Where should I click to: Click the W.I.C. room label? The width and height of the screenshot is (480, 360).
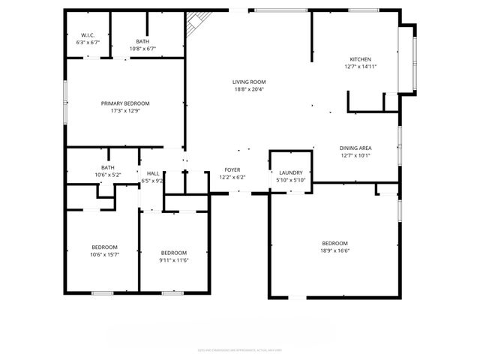coord(87,35)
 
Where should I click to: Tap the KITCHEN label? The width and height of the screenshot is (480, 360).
coord(360,59)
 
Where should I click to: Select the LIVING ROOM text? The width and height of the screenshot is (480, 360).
coord(249,82)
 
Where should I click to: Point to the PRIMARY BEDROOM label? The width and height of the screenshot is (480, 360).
coord(125,103)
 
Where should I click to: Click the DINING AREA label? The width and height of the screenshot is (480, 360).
coord(355,148)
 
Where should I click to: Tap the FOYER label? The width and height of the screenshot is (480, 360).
coord(232,170)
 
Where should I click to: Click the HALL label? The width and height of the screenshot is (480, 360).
coord(152,173)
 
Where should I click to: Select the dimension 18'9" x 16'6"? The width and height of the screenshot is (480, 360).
coord(334,251)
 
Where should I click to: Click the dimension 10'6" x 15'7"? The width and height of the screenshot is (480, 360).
coord(104,255)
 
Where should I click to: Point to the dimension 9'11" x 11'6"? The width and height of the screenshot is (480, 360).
coord(173,260)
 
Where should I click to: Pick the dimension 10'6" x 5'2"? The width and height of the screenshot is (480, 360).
coord(108,175)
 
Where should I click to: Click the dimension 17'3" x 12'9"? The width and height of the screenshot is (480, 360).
coord(125,111)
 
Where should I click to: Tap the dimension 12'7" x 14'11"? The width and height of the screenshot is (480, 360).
coord(360,67)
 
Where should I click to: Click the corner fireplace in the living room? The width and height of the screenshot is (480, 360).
coord(196,24)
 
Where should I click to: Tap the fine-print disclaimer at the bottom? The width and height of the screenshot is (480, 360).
coord(240,349)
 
